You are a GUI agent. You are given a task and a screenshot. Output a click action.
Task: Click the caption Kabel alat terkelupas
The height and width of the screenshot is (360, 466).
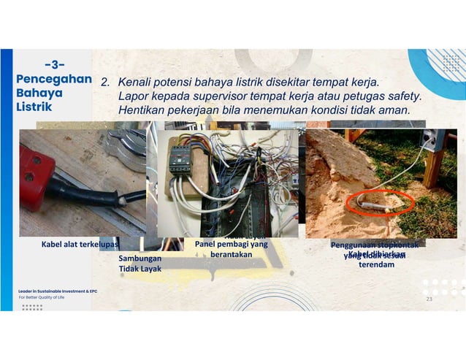[x=80, y=245]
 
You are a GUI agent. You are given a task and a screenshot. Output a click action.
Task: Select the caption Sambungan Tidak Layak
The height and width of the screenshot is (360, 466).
[x=140, y=264]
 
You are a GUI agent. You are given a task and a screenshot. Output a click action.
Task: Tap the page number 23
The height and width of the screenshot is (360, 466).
[x=429, y=299]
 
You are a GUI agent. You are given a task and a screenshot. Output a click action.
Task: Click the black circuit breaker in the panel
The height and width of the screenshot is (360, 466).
[x=180, y=157]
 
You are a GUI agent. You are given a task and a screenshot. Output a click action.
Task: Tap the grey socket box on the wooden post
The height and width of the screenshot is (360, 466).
[x=435, y=139]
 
